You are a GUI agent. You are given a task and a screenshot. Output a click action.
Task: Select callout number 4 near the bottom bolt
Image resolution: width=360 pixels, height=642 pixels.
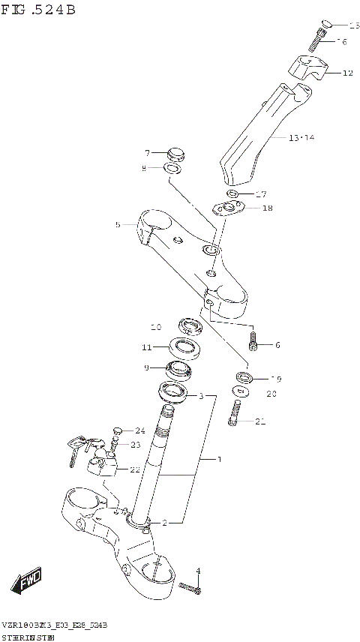[198, 572]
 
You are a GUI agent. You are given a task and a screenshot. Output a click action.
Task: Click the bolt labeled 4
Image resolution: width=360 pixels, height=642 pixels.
[191, 590]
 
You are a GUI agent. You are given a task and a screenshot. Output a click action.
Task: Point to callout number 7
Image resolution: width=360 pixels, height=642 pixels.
[148, 153]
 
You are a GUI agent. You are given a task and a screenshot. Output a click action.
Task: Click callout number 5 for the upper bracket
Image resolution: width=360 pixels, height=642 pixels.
[118, 223]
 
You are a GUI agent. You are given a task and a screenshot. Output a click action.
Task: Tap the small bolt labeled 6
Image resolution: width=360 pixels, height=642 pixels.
[254, 344]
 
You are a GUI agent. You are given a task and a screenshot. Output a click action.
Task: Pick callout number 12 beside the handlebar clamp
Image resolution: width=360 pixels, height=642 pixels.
[347, 73]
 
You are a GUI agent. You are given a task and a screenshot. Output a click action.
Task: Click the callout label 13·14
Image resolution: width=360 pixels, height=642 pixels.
[301, 137]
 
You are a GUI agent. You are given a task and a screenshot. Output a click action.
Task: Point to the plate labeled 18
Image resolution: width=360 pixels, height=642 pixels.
[229, 207]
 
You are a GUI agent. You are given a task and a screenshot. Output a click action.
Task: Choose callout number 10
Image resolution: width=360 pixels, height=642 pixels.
[155, 327]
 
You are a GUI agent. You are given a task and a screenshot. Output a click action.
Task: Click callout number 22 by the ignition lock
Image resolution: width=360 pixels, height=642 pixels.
[134, 469]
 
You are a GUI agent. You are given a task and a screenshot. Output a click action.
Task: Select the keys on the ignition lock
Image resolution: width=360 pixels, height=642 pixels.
[75, 449]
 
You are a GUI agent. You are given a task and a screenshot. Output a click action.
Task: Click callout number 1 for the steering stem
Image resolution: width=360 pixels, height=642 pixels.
[219, 458]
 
